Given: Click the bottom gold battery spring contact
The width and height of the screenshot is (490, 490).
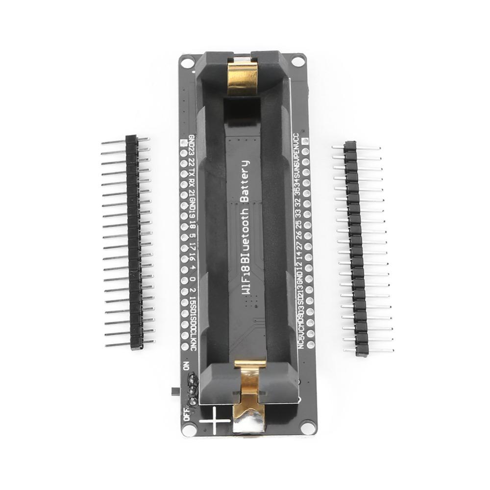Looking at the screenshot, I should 251,397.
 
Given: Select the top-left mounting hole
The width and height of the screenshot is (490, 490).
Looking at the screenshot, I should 187,62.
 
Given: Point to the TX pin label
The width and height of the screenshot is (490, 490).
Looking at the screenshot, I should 192,173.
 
